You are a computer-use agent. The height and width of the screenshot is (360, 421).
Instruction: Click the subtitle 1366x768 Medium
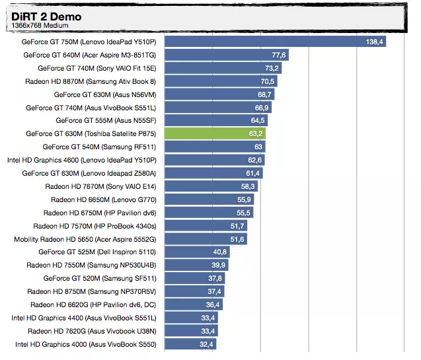tap(39, 26)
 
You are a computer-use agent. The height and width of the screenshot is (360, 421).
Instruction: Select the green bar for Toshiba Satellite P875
tap(214, 133)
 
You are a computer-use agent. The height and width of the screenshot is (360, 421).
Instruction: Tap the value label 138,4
tap(375, 42)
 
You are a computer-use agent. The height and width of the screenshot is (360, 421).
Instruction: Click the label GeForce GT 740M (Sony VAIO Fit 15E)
tap(97, 68)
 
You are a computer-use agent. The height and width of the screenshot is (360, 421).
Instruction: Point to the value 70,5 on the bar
tap(267, 81)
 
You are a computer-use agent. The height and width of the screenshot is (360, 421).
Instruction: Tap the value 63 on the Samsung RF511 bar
tap(258, 147)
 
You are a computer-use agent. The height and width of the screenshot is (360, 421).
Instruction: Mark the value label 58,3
tap(248, 186)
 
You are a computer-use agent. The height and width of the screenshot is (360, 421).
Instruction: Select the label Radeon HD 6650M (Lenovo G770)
tap(104, 199)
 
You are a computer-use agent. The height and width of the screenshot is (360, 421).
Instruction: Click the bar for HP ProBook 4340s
tap(206, 226)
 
